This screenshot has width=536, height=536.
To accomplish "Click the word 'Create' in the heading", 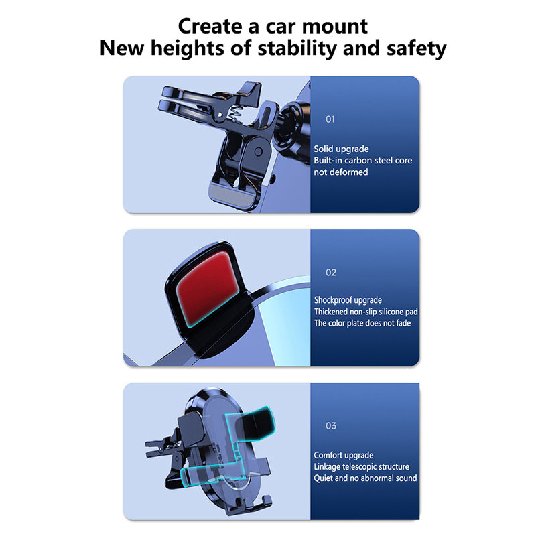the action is pos(210,26).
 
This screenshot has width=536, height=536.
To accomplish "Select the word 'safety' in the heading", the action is pos(416,48).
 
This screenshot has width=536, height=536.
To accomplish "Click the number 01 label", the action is pos(330,119).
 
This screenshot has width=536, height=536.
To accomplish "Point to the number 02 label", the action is pos(331,273).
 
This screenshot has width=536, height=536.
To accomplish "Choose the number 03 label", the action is pos(331,425).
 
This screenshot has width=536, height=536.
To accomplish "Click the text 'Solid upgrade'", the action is pos(341,149).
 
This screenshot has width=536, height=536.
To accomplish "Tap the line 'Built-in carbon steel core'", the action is pos(362,160).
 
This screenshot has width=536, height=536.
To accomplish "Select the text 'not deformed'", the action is pos(341,172).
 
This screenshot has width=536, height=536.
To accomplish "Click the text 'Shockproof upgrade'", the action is pos(348,300).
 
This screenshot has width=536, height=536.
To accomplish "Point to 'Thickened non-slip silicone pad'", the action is pos(366,312).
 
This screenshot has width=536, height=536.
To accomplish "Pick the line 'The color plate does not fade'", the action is pos(362,323).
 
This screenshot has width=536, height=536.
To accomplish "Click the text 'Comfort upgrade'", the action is pos(344,456).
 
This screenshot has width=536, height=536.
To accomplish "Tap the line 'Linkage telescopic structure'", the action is pos(361,467).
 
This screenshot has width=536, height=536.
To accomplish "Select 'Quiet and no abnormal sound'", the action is pos(365,478).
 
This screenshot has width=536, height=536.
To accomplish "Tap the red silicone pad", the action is pos(208,287).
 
